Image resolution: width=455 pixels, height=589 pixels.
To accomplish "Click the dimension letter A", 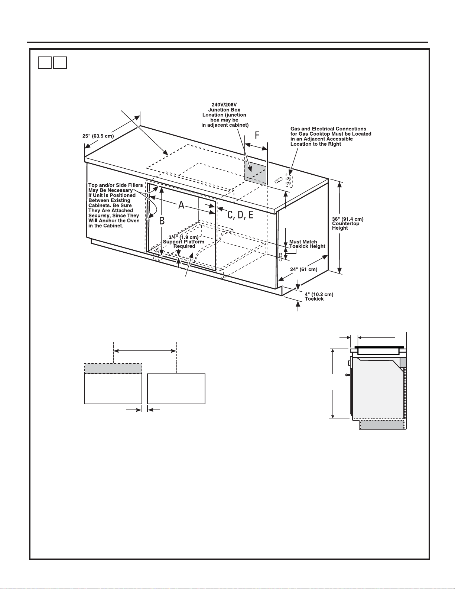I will [x=181, y=205].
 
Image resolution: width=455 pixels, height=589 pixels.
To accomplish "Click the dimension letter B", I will [x=162, y=221].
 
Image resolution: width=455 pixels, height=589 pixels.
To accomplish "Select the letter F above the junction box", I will [x=257, y=136].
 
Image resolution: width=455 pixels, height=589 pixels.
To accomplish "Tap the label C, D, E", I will [x=240, y=215].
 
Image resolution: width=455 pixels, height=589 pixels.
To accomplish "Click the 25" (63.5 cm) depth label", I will [x=98, y=136].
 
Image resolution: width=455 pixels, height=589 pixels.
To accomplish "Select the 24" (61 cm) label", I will [x=303, y=269].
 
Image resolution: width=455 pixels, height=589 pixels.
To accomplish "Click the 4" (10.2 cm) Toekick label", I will [x=319, y=297].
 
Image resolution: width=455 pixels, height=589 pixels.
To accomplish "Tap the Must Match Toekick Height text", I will [x=307, y=244].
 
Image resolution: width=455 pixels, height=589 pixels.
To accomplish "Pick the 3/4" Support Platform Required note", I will [x=184, y=242].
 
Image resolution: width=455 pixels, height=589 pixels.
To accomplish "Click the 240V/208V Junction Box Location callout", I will [x=225, y=115].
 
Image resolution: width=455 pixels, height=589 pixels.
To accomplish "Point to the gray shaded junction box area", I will [x=255, y=173].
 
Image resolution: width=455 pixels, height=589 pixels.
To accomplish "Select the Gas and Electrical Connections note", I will [x=331, y=136].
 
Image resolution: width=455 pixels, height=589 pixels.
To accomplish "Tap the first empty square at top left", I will [x=45, y=62].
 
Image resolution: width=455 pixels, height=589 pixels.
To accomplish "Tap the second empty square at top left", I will [x=60, y=62].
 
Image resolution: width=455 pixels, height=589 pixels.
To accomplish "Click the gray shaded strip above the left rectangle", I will [x=113, y=368].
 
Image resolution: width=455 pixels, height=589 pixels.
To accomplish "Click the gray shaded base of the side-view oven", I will [x=383, y=425].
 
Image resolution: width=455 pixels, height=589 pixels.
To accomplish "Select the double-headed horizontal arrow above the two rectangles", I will [x=145, y=350].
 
